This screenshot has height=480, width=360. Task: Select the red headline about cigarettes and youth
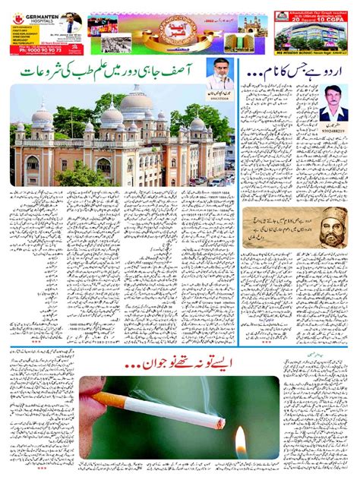click(x=181, y=355)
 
